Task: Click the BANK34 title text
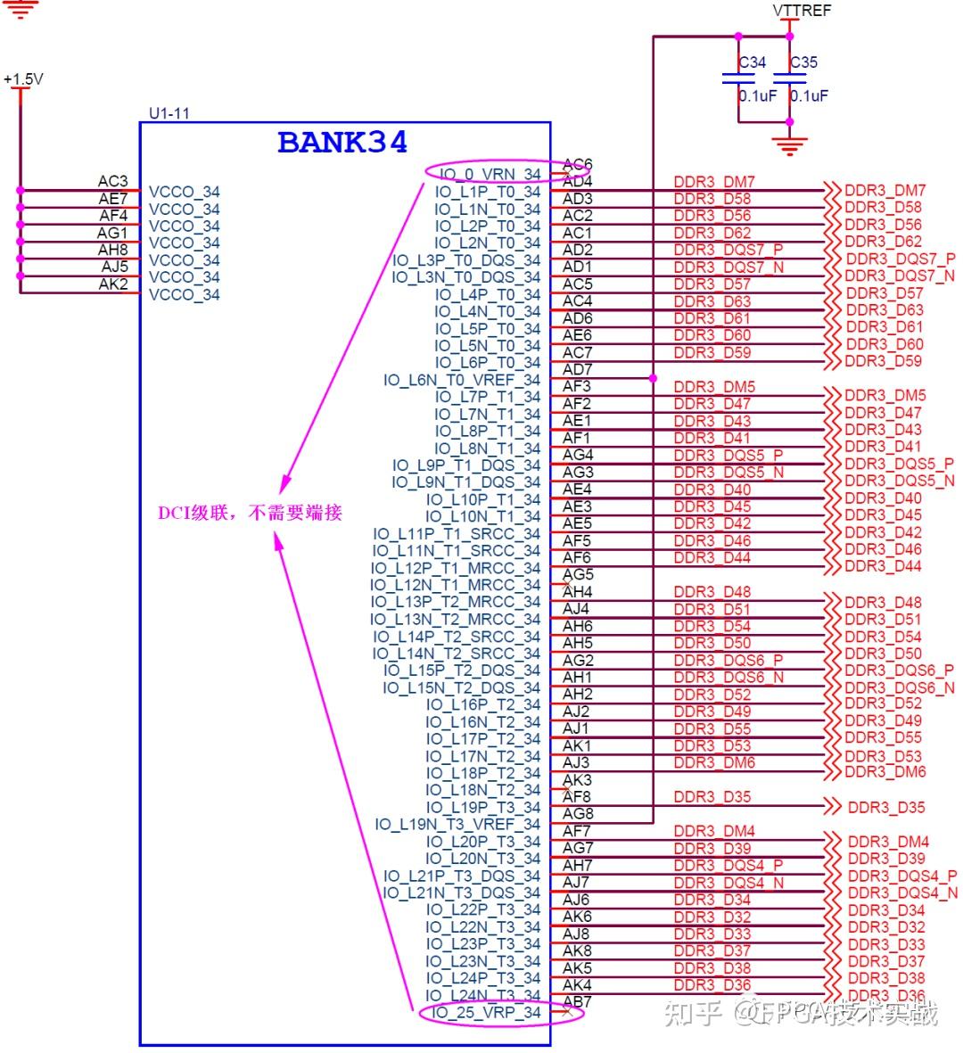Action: point(342,143)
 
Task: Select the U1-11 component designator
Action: point(169,113)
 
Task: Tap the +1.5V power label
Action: point(23,79)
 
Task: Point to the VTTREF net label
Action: point(802,11)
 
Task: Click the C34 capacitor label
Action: point(753,62)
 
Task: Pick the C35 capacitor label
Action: point(803,62)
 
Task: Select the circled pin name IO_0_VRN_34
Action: point(490,174)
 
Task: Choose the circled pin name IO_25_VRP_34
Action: point(487,1013)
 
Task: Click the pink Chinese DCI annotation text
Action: point(250,513)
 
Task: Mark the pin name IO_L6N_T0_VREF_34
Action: point(462,380)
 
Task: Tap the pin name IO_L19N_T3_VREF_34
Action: point(457,824)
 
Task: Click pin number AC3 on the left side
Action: point(113,181)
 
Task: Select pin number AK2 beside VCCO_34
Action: point(113,284)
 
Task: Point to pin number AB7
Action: point(577,1001)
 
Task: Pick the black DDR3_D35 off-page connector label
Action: point(886,808)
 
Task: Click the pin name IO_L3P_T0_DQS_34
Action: point(466,260)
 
